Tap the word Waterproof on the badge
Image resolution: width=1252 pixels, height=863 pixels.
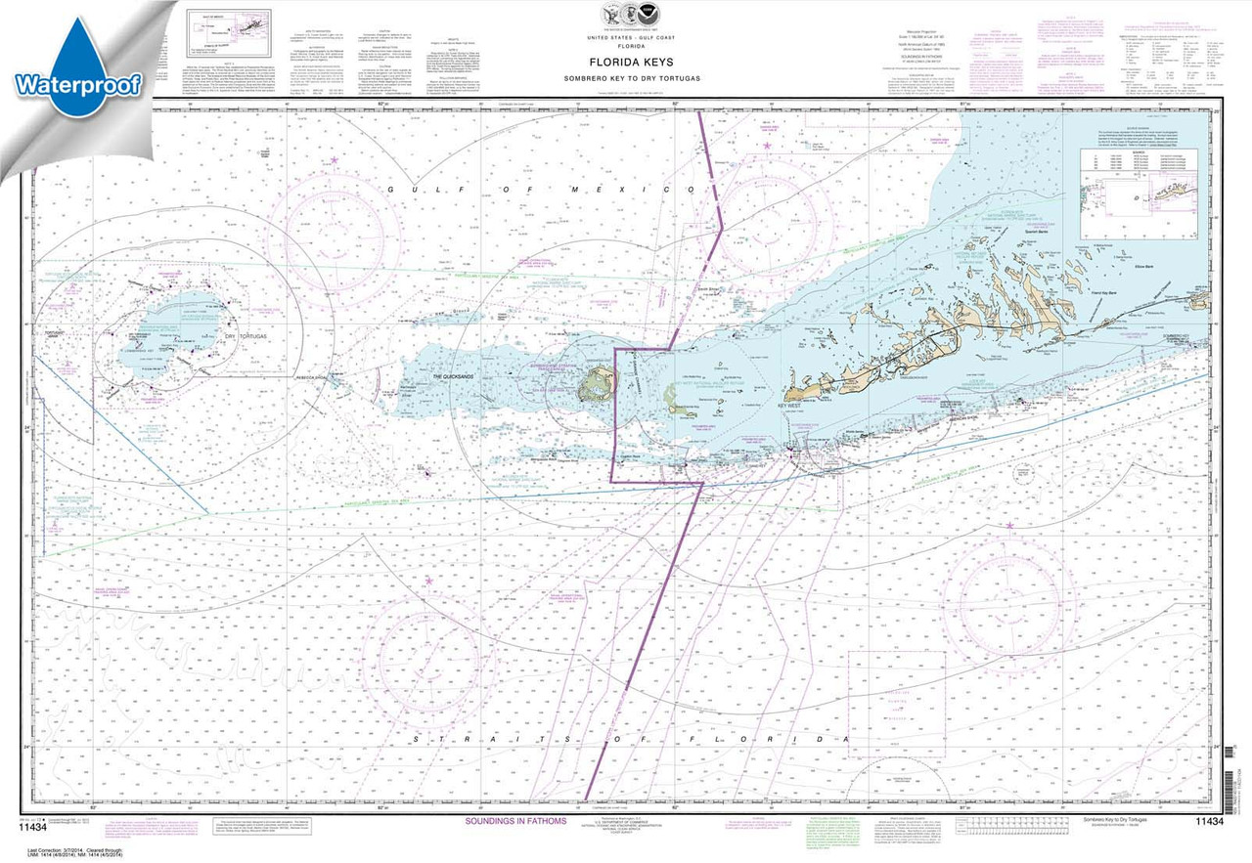click(x=78, y=84)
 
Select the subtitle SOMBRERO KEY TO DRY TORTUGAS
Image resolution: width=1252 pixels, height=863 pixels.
click(x=645, y=77)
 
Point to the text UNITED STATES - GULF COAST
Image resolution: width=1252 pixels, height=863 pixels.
click(x=645, y=36)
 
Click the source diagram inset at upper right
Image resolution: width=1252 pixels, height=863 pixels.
click(x=1137, y=192)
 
